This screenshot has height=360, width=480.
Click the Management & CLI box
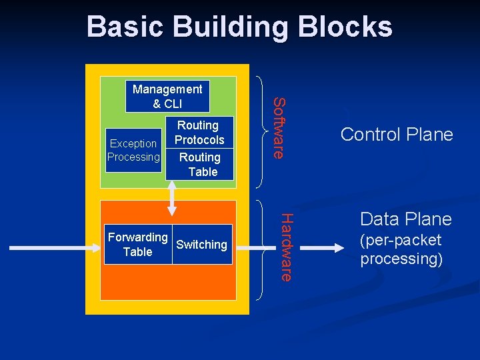point(167,97)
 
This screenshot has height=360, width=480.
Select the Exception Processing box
point(133,151)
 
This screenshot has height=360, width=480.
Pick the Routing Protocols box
point(199,133)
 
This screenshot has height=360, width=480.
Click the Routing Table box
point(199,165)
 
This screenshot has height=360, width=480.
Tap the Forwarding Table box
point(137,245)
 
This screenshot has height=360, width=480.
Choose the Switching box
point(201,245)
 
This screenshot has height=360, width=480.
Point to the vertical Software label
point(281,128)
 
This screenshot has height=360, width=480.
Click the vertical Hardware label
point(285,247)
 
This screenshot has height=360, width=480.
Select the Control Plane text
point(396,135)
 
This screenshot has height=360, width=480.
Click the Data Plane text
point(405,219)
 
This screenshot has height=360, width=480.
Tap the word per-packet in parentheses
point(401,241)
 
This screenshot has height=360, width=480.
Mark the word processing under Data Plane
point(401,259)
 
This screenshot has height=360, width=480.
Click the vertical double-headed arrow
point(173,198)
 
